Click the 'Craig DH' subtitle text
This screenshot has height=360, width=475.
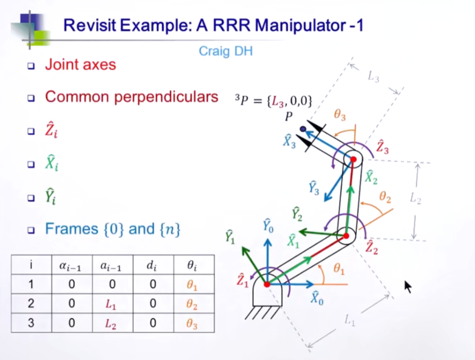click(225, 51)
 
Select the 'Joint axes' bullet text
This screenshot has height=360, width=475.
click(81, 64)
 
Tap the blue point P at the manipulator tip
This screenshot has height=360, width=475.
click(303, 128)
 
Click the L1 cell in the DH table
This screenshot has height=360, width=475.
click(110, 304)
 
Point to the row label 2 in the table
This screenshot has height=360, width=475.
click(31, 304)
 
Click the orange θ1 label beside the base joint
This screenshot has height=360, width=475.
click(339, 269)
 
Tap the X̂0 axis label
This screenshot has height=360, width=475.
click(317, 298)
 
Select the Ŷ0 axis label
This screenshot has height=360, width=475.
click(268, 227)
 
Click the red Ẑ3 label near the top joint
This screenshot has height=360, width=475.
click(382, 147)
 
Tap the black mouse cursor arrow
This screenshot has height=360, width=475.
click(408, 286)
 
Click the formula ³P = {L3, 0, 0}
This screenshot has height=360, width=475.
click(274, 101)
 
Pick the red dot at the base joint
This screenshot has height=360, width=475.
click(267, 284)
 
